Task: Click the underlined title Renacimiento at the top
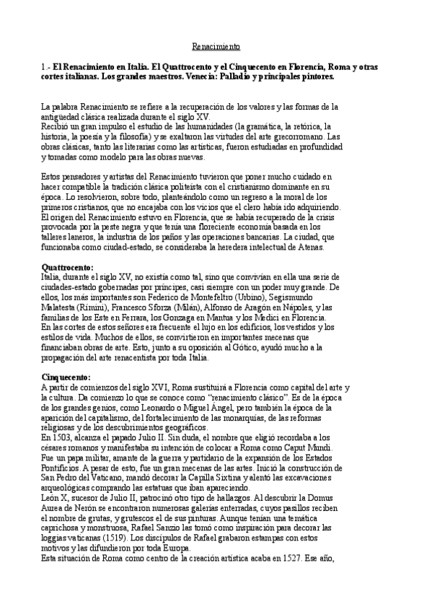[x=216, y=48]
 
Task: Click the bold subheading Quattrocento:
[x=68, y=267]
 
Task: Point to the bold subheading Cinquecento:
[x=66, y=377]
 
